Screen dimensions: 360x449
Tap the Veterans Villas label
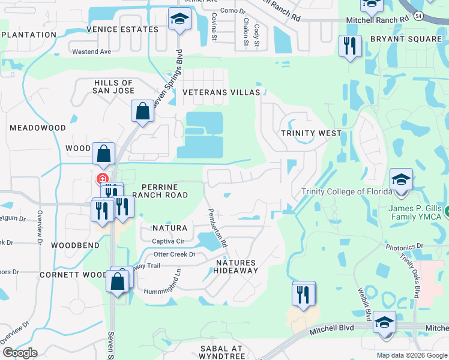(x=221, y=92)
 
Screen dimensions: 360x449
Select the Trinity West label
(x=311, y=133)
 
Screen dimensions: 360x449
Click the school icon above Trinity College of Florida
(x=401, y=179)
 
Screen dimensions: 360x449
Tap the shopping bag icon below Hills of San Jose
(x=142, y=111)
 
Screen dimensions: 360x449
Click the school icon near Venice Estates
(x=179, y=20)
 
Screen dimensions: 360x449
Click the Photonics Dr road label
(x=403, y=247)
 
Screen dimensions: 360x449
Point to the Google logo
(x=20, y=352)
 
